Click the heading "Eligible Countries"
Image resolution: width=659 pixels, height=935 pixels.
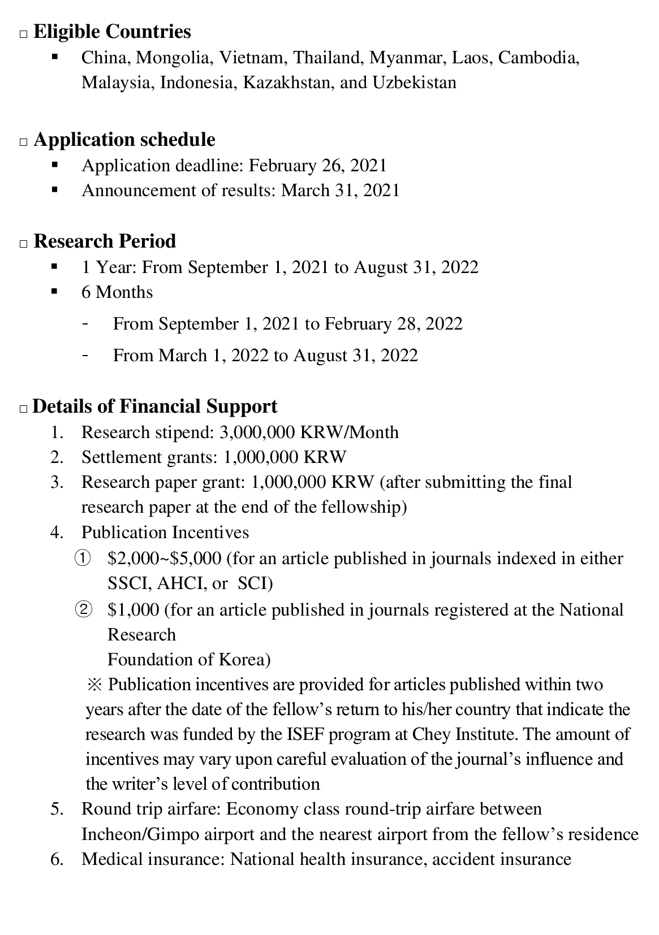[x=112, y=32]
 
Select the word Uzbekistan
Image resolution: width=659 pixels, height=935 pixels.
[x=414, y=83]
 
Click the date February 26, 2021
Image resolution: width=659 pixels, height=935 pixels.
[x=318, y=166]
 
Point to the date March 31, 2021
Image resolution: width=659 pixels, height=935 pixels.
[x=341, y=191]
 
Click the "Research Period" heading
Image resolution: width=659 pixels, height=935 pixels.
[x=105, y=241]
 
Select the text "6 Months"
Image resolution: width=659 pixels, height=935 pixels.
[x=117, y=292]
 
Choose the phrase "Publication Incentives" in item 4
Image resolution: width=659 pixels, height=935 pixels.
[x=165, y=533]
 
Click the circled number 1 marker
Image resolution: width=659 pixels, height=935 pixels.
[x=82, y=559]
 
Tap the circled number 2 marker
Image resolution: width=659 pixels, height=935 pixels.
[x=82, y=610]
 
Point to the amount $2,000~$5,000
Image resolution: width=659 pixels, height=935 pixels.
[x=164, y=559]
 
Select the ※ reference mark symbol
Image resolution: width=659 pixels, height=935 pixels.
[x=93, y=685]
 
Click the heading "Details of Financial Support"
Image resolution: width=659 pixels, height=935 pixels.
[x=155, y=406]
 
